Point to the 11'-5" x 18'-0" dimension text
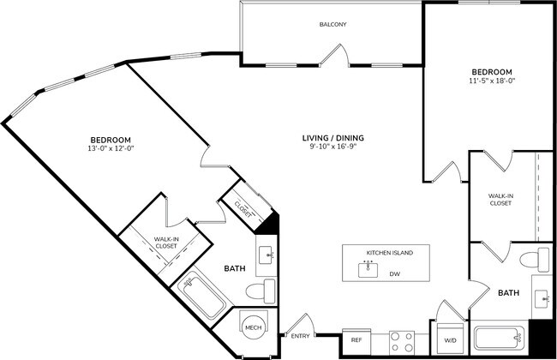point(491,81)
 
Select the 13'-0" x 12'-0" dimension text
point(111,149)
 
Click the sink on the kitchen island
point(369,267)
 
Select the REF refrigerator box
point(356,340)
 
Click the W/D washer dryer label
point(449,340)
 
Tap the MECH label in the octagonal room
point(253,327)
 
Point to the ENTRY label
point(299,336)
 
